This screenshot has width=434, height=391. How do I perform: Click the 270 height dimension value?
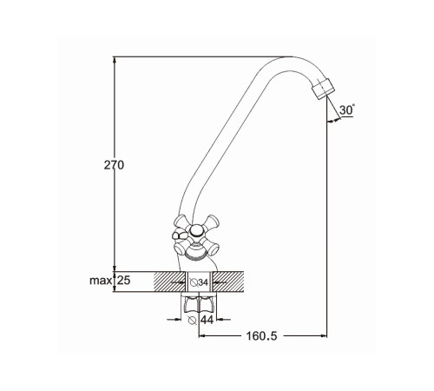(x=114, y=165)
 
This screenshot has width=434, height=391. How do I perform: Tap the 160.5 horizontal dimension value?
(x=261, y=336)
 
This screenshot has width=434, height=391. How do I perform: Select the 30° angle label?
(x=347, y=110)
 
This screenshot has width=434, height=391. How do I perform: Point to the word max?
(x=101, y=281)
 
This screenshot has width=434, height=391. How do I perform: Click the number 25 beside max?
(x=124, y=281)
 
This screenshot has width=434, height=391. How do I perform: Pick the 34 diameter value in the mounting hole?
(x=203, y=282)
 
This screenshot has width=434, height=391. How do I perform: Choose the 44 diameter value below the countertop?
(x=207, y=320)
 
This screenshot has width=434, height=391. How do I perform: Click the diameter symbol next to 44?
(x=192, y=320)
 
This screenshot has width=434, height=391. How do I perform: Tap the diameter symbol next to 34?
(x=194, y=282)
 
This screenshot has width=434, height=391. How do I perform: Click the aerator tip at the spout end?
(x=323, y=89)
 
